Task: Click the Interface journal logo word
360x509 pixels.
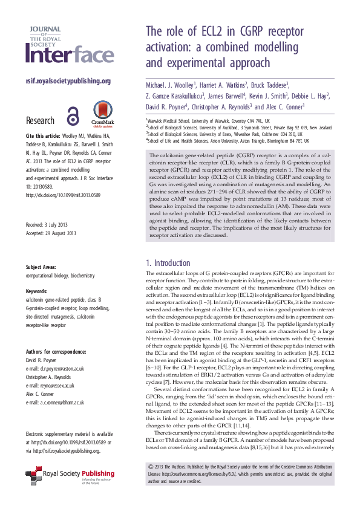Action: pos(70,55)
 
